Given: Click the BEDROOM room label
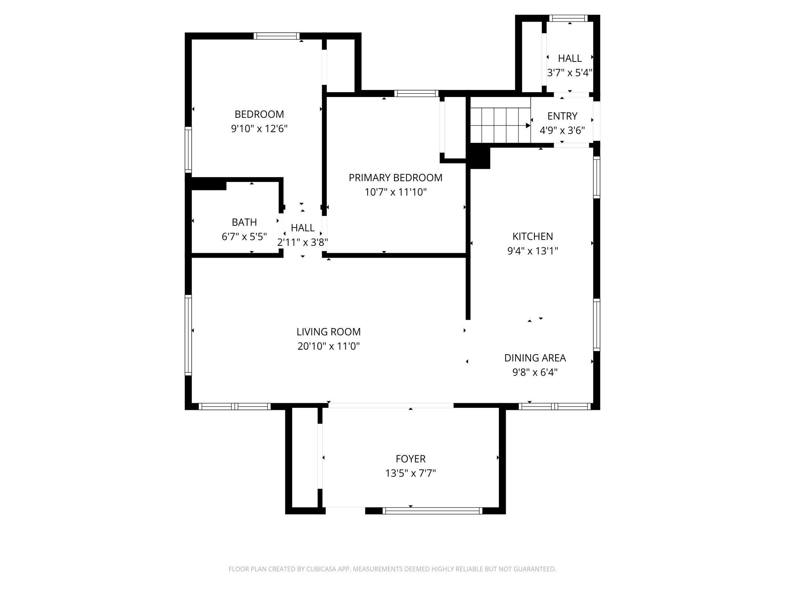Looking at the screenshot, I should pos(259,114).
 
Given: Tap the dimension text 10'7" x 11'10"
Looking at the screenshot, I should pos(395,192).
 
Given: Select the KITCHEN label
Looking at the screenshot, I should pos(532,236).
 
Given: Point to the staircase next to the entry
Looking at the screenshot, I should pos(500,125).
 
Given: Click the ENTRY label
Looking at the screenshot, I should pos(562,116).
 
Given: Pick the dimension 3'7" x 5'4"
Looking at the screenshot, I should pos(570,73).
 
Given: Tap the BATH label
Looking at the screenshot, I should pos(244,222).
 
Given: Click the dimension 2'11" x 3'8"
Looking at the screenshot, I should pos(302,242).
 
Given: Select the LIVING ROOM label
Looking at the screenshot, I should pos(328,332).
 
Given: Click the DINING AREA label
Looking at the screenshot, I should pos(535,358).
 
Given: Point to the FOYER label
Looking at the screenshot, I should pos(410,459).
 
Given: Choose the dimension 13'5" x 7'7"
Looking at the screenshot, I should pos(410,473).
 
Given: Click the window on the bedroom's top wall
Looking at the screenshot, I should pos(276,36).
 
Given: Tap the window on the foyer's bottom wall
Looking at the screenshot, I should pos(432,511).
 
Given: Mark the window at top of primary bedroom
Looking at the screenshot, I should pos(416,94).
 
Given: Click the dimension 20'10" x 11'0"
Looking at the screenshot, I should pos(328,346).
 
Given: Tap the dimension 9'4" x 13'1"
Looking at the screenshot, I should pos(532,251).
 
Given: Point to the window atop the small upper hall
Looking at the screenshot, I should pos(568,18).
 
